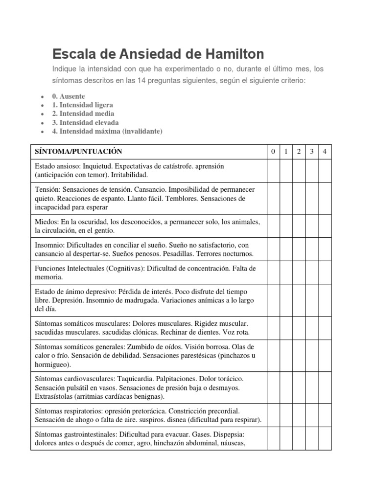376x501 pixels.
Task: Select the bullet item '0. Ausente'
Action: (68, 96)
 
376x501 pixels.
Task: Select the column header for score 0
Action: (273, 152)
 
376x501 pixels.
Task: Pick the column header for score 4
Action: (325, 152)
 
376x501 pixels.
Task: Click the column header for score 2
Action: (299, 152)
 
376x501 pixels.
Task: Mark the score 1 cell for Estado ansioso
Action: (285, 170)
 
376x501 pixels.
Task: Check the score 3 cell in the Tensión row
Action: (311, 198)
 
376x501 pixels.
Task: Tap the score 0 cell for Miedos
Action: (273, 226)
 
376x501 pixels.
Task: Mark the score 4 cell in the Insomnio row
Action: (325, 250)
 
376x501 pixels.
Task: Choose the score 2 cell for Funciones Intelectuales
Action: (299, 273)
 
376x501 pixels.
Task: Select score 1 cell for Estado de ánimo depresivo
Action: (285, 300)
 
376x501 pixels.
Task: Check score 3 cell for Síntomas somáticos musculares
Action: (311, 328)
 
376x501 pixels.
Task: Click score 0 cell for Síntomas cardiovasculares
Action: (273, 388)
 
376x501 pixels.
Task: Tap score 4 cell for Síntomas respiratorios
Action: (325, 415)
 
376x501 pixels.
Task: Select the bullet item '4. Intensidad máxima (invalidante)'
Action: (107, 131)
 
